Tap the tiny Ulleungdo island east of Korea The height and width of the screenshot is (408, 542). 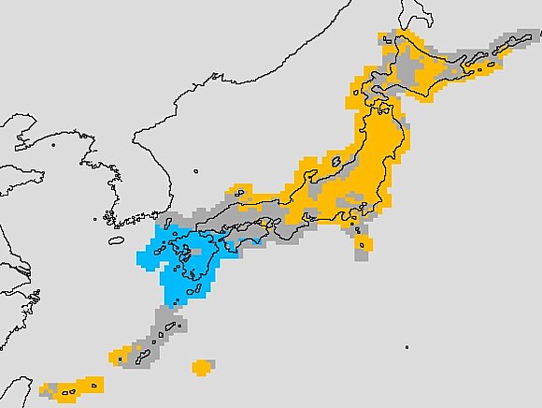(196, 170)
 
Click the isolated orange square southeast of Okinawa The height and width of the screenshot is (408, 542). (201, 367)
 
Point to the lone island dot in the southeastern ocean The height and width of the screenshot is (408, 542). (406, 348)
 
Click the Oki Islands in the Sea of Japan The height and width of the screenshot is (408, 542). (239, 193)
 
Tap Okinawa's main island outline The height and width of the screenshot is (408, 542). (139, 349)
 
